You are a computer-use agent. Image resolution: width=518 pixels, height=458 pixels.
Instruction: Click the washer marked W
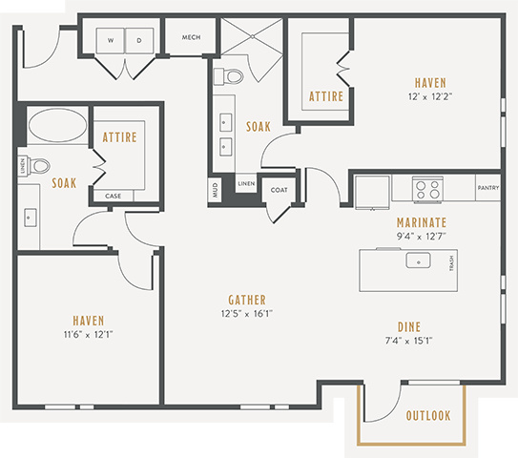(x=111, y=40)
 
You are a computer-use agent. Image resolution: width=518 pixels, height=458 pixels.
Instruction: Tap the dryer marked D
(x=139, y=40)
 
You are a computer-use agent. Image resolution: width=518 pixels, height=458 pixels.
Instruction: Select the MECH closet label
(x=192, y=37)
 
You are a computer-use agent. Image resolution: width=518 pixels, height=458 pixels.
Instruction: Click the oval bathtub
(x=58, y=125)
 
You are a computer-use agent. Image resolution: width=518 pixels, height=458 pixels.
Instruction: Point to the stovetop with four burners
(x=427, y=189)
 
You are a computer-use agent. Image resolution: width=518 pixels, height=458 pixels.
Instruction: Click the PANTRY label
(x=487, y=188)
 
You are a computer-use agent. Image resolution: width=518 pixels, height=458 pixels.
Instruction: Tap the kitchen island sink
(x=418, y=260)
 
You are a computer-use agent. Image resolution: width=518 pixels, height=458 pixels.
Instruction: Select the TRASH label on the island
(x=451, y=263)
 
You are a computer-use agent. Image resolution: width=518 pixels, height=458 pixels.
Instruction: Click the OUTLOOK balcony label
(x=428, y=415)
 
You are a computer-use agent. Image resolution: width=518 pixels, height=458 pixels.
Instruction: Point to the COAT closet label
(x=279, y=190)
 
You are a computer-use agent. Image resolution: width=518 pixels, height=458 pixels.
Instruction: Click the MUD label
(x=215, y=190)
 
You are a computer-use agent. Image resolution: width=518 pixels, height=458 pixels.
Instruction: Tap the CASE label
(x=113, y=196)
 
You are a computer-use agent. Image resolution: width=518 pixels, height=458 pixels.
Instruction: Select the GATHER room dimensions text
(x=247, y=314)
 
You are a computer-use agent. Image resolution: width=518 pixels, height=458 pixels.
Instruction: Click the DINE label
(x=409, y=327)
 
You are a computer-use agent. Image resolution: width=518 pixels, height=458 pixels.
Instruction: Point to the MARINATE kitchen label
(x=422, y=222)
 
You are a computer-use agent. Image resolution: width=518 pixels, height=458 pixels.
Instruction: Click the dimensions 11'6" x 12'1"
(x=88, y=334)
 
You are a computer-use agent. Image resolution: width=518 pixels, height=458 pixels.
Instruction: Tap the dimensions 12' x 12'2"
(x=430, y=96)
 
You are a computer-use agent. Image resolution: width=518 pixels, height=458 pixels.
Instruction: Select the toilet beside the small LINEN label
(x=38, y=165)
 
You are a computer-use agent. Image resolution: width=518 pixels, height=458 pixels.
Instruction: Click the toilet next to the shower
(x=229, y=76)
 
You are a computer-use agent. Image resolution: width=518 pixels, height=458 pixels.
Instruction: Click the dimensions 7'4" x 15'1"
(x=409, y=341)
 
